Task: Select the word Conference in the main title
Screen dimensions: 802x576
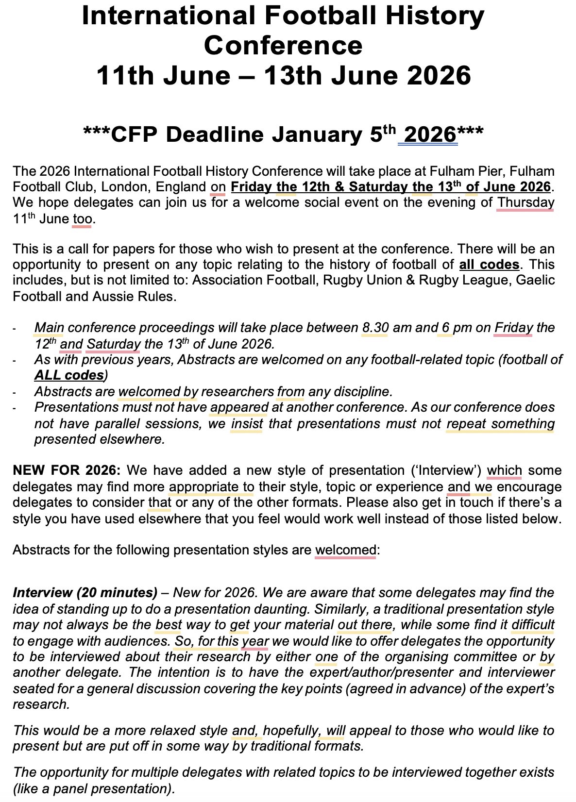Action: click(x=283, y=46)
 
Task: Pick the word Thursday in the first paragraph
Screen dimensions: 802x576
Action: click(x=526, y=202)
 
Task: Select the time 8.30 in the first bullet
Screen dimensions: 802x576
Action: click(x=375, y=328)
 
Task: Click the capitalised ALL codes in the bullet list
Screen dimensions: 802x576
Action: click(x=69, y=375)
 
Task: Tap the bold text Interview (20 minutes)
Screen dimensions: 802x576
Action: click(x=85, y=593)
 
